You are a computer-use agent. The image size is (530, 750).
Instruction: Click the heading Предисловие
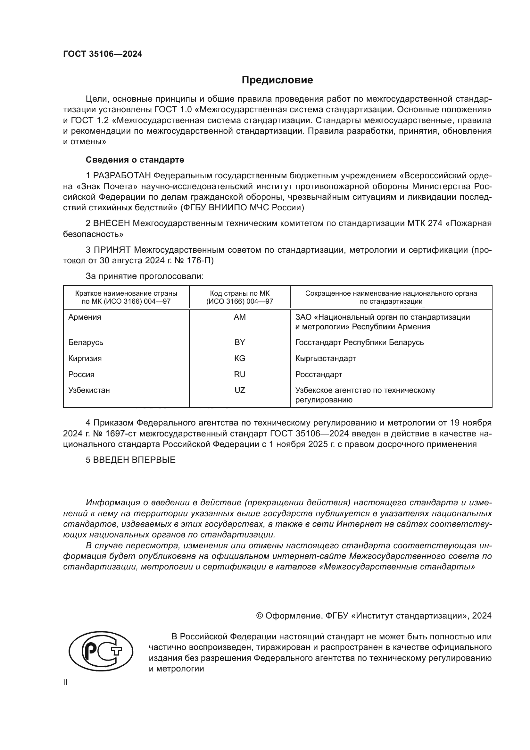click(277, 80)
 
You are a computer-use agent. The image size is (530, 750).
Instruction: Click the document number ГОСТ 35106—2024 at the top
click(103, 54)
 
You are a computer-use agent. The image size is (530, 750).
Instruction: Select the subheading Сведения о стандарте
click(135, 160)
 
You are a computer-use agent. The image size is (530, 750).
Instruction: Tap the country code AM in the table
click(240, 317)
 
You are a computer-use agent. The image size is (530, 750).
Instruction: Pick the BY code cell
click(240, 342)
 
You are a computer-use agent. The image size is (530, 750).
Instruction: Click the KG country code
click(240, 358)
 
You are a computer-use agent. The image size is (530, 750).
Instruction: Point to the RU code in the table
click(240, 374)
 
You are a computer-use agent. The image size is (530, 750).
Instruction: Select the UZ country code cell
click(240, 390)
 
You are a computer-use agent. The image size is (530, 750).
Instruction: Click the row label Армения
click(85, 317)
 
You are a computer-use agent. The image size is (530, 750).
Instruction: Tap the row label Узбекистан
click(89, 390)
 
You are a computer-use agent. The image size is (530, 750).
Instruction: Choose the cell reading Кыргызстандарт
click(325, 358)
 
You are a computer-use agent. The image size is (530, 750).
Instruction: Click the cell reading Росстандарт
click(319, 374)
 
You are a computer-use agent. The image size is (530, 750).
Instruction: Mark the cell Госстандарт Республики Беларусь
click(359, 342)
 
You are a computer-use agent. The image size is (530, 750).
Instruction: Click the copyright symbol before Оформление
click(260, 616)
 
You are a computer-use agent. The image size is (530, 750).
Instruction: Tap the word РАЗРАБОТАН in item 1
click(122, 176)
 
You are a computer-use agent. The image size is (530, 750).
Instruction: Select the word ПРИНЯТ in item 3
click(112, 250)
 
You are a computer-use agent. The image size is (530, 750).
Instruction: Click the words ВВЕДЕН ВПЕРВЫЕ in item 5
click(134, 460)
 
